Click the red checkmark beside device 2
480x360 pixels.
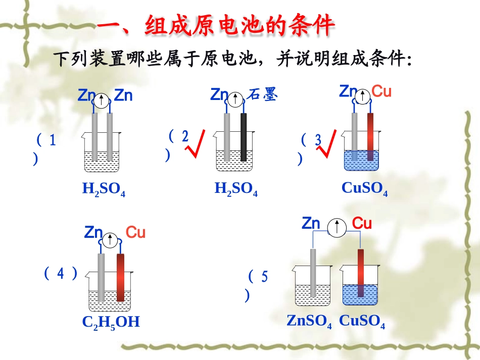[196, 143]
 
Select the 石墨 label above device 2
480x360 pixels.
[263, 95]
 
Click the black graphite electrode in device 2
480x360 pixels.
[244, 137]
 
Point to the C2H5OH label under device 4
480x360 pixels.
[111, 322]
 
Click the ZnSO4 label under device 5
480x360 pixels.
[309, 321]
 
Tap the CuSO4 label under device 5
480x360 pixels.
[362, 321]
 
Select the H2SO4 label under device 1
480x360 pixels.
[104, 189]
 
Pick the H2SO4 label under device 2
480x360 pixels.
[236, 189]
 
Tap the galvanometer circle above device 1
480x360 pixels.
[102, 100]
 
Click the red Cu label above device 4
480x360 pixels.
[135, 233]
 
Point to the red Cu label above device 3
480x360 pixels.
[381, 91]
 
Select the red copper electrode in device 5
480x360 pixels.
[361, 273]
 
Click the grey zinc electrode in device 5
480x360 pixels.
[313, 273]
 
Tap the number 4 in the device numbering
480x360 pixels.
[61, 274]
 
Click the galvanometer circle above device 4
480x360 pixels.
[109, 239]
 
